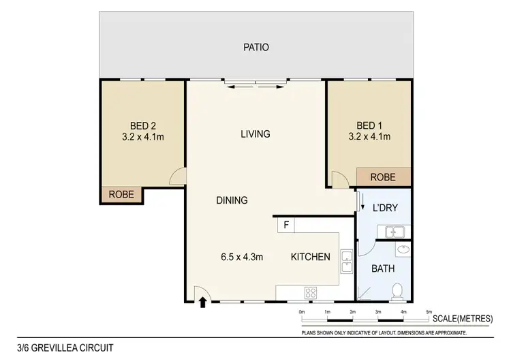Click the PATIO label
pos(256,48)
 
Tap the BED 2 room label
pos(143,125)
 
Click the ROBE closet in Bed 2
pos(123,195)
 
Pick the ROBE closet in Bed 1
pos(383,177)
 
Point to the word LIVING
pos(255,134)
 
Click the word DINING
pos(232,200)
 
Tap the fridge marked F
pos(285,224)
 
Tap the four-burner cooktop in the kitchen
pos(311,294)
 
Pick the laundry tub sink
pos(395,232)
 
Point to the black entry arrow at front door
pos(202,303)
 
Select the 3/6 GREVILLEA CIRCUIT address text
pos(56,347)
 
